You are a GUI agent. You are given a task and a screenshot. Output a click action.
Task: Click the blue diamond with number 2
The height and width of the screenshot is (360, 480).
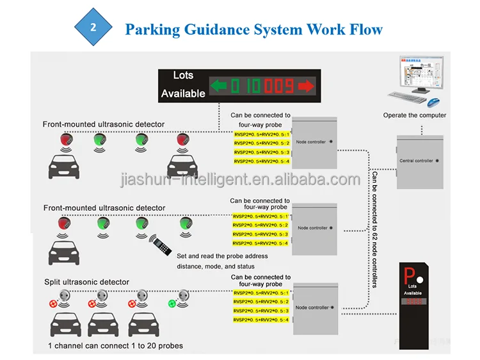(x=93, y=29)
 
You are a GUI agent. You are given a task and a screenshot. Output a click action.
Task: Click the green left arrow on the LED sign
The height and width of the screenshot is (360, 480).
(x=220, y=85)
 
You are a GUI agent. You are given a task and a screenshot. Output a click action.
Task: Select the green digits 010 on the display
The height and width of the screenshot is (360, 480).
(x=248, y=85)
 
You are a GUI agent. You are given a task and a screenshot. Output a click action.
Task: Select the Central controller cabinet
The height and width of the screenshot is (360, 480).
(x=420, y=161)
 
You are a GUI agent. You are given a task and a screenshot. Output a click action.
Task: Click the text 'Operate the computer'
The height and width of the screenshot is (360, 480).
(x=414, y=115)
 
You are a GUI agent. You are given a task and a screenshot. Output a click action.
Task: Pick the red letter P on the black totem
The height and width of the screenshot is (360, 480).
(x=410, y=275)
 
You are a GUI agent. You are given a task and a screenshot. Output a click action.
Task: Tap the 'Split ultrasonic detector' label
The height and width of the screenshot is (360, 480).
(x=86, y=282)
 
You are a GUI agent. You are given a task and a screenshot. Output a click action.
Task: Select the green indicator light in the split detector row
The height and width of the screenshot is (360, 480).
(x=172, y=303)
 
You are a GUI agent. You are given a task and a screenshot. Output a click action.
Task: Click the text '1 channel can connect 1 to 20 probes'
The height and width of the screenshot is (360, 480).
(x=115, y=346)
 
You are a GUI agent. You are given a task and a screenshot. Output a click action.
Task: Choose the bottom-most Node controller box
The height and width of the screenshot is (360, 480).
(x=314, y=307)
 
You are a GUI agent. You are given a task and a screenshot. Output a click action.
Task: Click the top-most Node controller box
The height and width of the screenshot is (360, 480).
(x=314, y=142)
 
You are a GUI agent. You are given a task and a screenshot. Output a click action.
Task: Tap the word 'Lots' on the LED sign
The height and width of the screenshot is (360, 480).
(x=183, y=76)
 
